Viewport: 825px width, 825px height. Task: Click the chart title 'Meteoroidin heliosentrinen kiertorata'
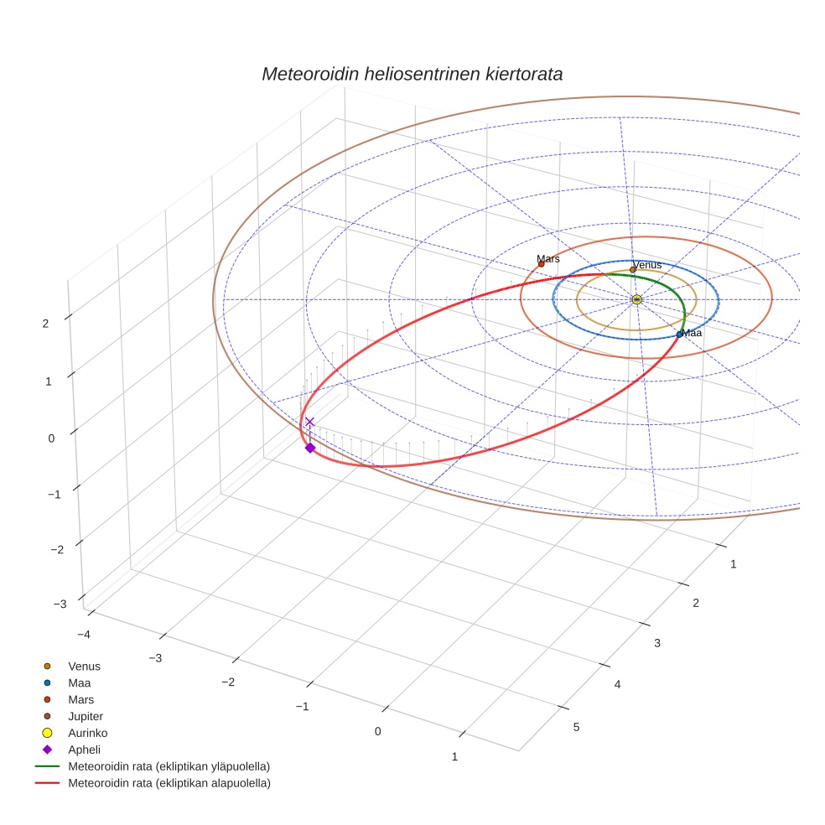412,74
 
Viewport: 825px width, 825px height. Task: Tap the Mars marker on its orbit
541,264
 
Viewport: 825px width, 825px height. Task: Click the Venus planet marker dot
633,270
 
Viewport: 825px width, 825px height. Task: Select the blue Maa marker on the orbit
680,335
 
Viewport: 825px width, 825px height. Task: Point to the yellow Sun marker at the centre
637,299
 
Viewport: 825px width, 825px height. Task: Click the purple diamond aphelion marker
310,448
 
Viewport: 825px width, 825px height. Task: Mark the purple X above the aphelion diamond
309,422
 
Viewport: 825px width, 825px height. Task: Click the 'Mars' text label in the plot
548,259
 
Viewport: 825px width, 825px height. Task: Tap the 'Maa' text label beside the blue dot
693,333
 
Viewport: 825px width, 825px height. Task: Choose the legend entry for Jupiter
86,716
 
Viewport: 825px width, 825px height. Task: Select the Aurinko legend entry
88,733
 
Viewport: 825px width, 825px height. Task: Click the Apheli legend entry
84,750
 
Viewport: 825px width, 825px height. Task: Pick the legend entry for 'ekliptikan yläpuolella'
169,766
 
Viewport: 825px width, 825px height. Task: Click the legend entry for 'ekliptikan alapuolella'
169,783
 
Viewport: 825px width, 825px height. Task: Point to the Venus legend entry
84,666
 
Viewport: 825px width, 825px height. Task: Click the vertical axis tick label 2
45,323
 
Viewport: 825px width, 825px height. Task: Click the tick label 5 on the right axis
576,726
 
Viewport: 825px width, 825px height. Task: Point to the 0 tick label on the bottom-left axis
378,731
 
